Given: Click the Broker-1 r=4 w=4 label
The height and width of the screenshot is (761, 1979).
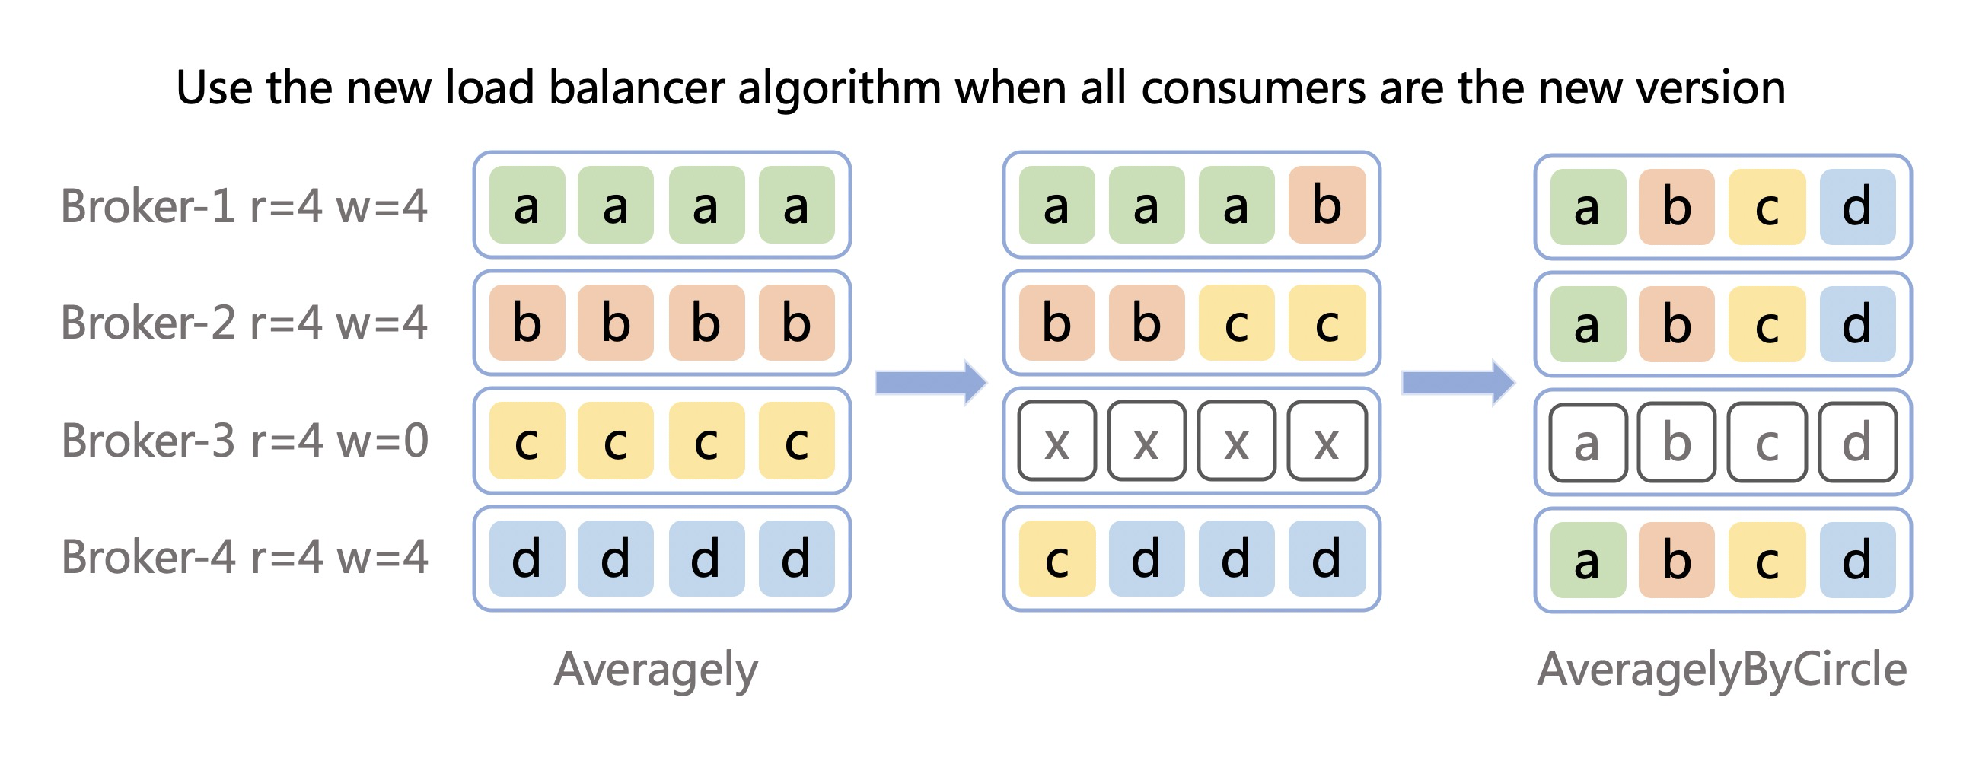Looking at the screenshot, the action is [244, 205].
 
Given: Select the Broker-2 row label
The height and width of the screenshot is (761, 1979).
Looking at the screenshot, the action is [244, 323].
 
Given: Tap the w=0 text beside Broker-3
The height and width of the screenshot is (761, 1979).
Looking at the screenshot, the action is [382, 441].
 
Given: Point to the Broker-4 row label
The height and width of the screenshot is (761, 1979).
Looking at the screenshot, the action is [244, 557].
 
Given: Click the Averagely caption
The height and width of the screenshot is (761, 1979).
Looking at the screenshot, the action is [656, 670].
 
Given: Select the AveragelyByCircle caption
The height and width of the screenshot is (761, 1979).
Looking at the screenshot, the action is [1722, 670].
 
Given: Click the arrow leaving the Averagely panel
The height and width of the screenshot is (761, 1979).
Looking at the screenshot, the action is [931, 382].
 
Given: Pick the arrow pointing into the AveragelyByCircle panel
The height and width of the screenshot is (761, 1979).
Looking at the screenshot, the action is [1458, 382].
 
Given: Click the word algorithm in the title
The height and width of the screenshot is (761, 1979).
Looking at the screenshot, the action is [840, 88].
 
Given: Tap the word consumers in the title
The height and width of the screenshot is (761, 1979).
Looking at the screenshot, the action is [1254, 88].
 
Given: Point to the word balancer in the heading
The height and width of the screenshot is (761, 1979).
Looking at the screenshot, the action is [636, 88].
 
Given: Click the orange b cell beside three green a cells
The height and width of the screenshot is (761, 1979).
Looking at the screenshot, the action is [1327, 205].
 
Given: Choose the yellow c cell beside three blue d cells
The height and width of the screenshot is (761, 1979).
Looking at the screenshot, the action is [1057, 559].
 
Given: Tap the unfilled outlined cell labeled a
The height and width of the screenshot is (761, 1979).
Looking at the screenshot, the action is [1588, 442].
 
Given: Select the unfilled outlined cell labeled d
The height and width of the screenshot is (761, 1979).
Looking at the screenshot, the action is [1858, 442].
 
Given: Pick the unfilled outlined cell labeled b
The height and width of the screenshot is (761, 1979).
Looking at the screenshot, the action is [1677, 442].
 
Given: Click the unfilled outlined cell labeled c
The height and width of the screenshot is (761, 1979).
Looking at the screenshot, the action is [1767, 442].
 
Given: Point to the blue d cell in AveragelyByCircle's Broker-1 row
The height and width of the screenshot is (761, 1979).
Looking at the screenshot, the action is [1858, 207].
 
